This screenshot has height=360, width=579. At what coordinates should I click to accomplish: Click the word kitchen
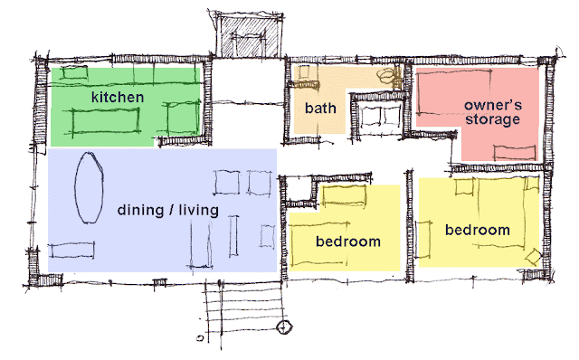(x=118, y=95)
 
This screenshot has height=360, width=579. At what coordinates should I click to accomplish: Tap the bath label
(x=320, y=109)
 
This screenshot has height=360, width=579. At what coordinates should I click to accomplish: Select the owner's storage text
(x=492, y=110)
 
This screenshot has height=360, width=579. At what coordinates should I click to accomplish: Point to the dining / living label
(x=168, y=211)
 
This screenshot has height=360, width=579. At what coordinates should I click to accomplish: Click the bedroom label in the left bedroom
(x=347, y=242)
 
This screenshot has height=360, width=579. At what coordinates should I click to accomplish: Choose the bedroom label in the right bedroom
(x=478, y=231)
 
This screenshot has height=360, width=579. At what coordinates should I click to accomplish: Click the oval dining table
(x=89, y=187)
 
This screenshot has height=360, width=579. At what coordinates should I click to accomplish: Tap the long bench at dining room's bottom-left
(x=73, y=249)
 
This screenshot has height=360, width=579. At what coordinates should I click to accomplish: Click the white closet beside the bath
(x=378, y=115)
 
